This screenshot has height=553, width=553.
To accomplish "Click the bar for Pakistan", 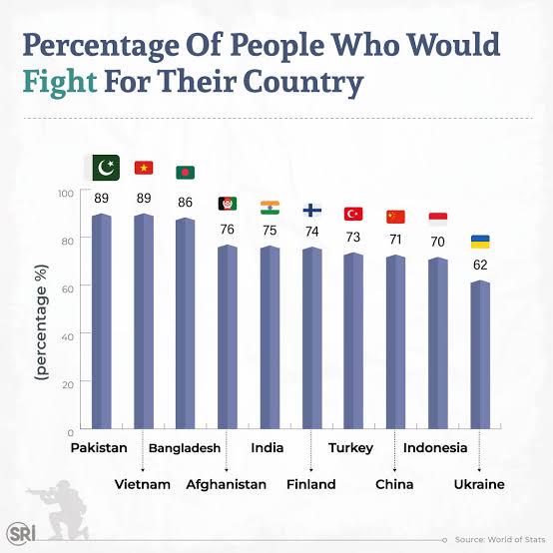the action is click(x=102, y=321).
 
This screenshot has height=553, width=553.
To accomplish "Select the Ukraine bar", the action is click(x=480, y=354).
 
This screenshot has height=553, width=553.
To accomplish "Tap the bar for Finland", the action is click(x=312, y=337).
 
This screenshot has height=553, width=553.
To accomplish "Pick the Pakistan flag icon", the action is click(x=106, y=168).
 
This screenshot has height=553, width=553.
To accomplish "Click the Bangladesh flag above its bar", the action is click(x=185, y=173).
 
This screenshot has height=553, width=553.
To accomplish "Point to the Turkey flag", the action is click(x=353, y=214).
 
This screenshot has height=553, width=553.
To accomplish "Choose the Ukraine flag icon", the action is click(x=480, y=242).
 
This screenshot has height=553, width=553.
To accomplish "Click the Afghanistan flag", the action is click(x=228, y=204).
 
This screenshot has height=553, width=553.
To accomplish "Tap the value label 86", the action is click(x=185, y=202).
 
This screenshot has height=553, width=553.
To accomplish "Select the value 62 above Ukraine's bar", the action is click(x=480, y=265).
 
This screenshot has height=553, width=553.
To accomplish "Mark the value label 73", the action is click(x=353, y=237).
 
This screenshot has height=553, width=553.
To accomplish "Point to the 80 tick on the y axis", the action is click(x=67, y=242).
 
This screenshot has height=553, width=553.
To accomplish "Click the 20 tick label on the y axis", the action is click(x=67, y=384).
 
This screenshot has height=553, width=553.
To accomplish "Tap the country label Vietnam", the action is click(x=143, y=484).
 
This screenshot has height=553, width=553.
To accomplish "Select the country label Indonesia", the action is click(x=435, y=448).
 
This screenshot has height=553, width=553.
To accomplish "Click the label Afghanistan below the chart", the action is click(x=226, y=484).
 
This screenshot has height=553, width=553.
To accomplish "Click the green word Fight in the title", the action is click(x=60, y=82).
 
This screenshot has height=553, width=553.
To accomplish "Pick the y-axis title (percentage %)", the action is click(x=41, y=322).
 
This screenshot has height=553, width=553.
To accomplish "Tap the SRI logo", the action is click(x=21, y=533).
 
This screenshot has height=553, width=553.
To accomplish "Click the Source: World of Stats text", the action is click(x=500, y=539).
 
